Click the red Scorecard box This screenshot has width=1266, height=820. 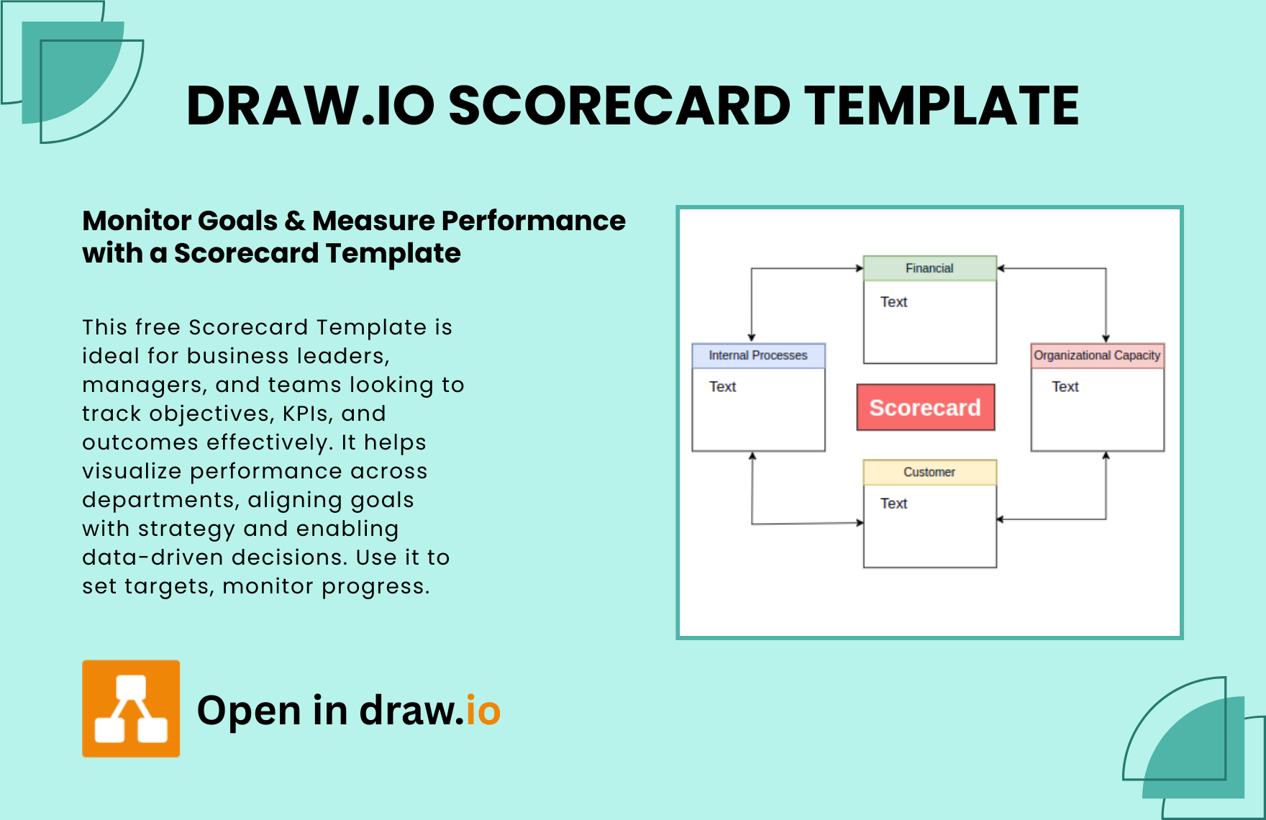coord(925,407)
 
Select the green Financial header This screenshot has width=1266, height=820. coord(929,268)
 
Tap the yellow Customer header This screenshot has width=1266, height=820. coord(929,472)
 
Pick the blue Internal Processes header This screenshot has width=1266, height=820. coord(758,355)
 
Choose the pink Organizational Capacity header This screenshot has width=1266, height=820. coord(1097,355)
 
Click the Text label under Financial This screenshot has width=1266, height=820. coord(893,302)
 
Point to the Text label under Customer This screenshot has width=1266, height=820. coord(893,504)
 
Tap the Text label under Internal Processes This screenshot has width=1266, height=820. coord(722,387)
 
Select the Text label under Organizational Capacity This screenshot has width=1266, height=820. coord(1065,387)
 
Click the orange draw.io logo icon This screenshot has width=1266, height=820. coord(131,709)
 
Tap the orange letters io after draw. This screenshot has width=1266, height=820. coord(483,711)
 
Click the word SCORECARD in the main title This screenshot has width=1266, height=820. coord(619,106)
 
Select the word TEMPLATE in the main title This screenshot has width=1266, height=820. coord(942,106)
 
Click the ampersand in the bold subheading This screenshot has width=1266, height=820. coord(295,221)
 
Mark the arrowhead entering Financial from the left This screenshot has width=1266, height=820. coord(860,268)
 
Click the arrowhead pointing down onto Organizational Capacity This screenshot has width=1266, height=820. coord(1106,339)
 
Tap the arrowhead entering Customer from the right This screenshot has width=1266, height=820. coord(1001,519)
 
